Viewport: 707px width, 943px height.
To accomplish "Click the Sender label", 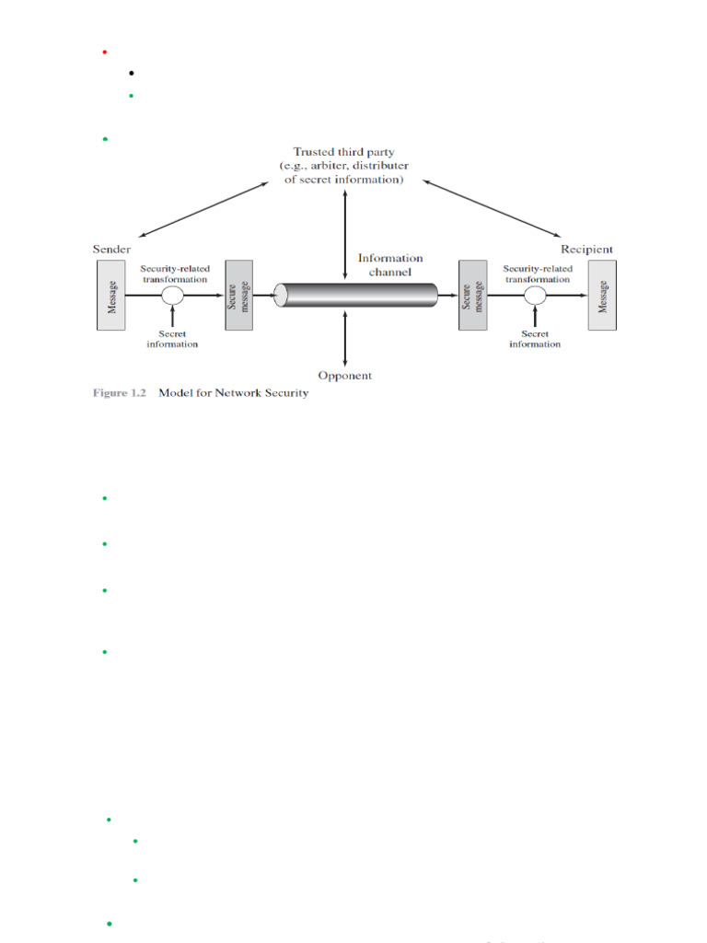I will coord(111,250).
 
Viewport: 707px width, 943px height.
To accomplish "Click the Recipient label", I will coord(586,250).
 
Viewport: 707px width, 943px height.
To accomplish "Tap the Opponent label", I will coord(344,376).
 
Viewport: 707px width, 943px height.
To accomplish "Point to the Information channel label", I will coord(391,264).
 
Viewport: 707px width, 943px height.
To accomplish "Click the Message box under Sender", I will coord(112,295).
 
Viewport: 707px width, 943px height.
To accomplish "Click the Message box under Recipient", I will coord(603,295).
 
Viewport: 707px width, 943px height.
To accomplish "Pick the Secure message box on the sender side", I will coord(238,295).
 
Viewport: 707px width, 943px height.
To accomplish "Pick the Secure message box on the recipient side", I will coord(471,295).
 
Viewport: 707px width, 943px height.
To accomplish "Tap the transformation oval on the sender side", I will coord(173,295).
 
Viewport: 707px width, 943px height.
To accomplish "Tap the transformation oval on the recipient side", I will coord(535,295).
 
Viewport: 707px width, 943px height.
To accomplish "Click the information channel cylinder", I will coord(356,295).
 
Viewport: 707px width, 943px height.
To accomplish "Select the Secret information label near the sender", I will coord(173,339).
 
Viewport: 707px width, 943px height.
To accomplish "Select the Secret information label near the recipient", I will coord(535,339).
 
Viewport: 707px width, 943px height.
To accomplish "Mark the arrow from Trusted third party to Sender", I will coord(207,209).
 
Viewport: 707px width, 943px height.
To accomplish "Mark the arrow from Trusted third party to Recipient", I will coord(492,209).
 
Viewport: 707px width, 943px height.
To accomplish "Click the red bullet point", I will coord(104,52).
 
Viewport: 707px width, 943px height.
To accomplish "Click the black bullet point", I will coord(133,73).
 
